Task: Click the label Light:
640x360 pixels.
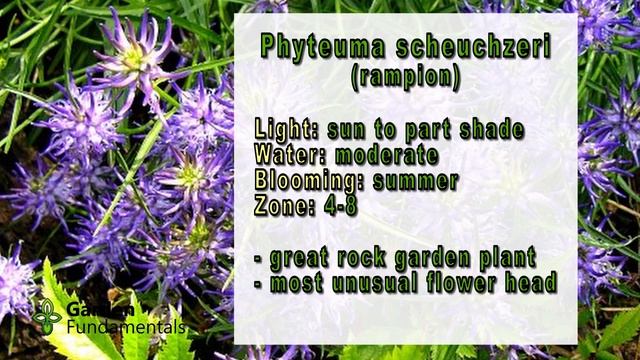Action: [x=289, y=130]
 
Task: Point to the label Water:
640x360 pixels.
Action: [x=291, y=155]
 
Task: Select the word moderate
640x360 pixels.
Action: [x=387, y=155]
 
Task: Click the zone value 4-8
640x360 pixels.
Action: [x=347, y=207]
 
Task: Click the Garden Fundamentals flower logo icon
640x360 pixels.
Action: [x=46, y=316]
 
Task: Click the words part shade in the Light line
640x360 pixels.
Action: [x=469, y=130]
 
